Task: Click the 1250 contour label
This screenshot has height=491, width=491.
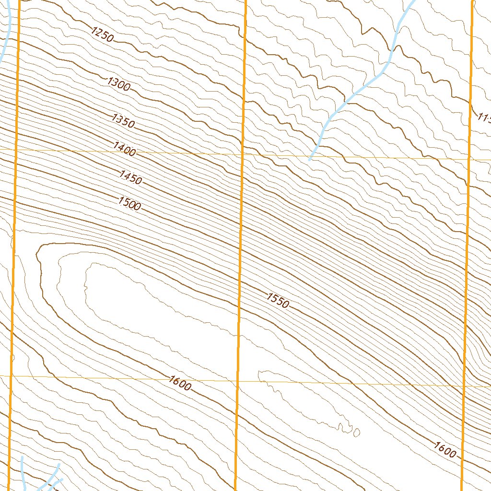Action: click(x=103, y=35)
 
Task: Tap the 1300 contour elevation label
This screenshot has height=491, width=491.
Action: click(x=119, y=84)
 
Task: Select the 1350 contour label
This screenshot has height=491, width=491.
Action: click(x=123, y=120)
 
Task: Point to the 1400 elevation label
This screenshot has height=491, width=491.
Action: click(x=125, y=149)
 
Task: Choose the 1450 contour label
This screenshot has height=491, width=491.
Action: click(x=130, y=177)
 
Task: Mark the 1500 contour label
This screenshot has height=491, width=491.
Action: click(x=129, y=203)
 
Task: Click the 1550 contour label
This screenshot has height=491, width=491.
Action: click(x=278, y=301)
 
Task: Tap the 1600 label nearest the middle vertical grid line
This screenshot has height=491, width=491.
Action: click(x=180, y=383)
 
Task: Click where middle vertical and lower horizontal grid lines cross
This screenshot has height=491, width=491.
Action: click(x=238, y=381)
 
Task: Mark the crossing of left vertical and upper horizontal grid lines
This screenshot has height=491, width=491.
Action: click(x=16, y=150)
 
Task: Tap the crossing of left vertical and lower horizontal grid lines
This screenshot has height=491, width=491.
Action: click(x=12, y=376)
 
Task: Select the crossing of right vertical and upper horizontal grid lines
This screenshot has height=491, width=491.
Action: click(x=468, y=159)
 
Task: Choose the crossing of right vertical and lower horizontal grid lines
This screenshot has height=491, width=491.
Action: click(x=464, y=386)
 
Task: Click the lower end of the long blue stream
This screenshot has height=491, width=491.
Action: click(x=311, y=158)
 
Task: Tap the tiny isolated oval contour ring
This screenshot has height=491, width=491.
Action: click(x=356, y=433)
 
